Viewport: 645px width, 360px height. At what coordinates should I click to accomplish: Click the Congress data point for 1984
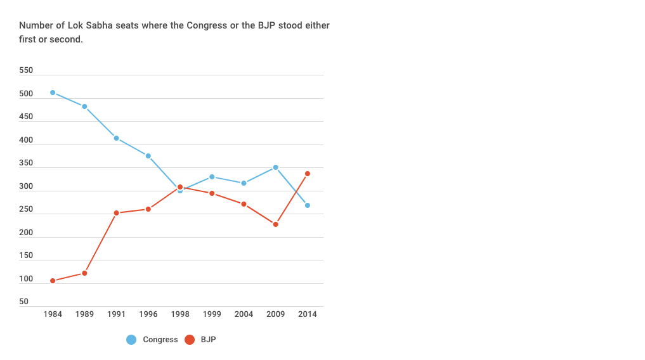53,93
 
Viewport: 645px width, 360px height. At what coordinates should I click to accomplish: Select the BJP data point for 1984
53,281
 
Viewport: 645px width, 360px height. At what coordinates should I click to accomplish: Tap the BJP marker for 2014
308,174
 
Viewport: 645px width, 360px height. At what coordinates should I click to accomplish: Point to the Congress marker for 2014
308,205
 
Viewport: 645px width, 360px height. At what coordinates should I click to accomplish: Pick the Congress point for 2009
275,167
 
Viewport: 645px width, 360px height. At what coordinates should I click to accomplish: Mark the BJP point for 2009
275,224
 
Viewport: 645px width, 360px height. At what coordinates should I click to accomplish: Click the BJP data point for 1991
116,213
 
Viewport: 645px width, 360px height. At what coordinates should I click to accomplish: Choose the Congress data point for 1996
148,156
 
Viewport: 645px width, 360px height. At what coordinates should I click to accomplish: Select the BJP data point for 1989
84,273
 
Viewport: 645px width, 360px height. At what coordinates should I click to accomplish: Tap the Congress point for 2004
244,183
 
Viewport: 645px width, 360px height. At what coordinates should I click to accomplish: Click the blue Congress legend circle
131,340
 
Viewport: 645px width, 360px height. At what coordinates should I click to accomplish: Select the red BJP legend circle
189,340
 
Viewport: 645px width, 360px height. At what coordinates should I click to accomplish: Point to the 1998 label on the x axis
180,314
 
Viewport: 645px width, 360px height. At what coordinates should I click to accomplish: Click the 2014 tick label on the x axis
308,314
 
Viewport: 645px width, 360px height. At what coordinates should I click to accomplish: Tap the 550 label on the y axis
26,70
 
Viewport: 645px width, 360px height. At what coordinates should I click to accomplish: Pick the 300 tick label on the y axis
26,186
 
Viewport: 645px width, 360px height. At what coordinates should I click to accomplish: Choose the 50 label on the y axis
23,302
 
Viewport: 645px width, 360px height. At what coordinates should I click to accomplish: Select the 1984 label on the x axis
53,314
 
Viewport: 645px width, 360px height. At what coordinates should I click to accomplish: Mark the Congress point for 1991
116,138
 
